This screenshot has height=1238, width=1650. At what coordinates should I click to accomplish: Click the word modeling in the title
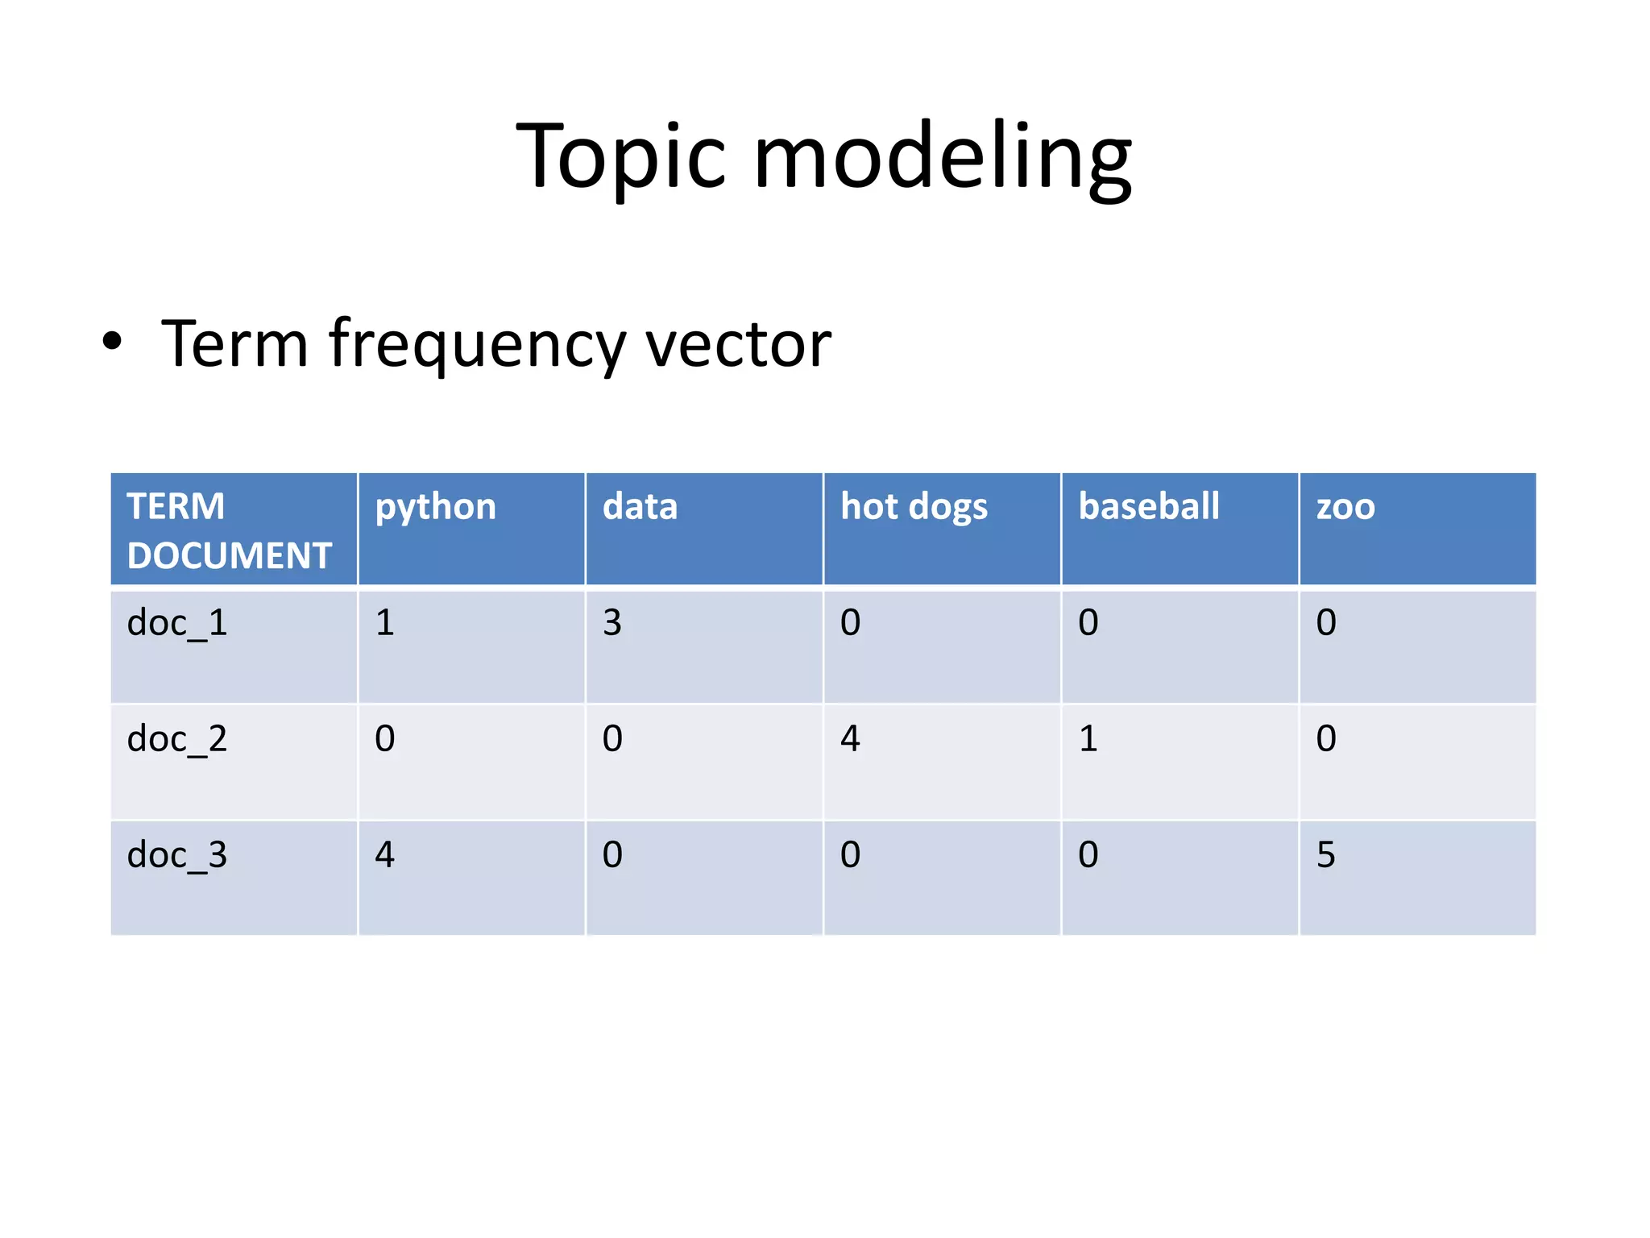click(x=943, y=157)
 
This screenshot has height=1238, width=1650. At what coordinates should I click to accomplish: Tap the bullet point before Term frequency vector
click(x=113, y=342)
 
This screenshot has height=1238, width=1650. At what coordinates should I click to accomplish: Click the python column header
click(x=436, y=508)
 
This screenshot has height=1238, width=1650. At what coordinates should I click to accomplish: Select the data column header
click(x=641, y=506)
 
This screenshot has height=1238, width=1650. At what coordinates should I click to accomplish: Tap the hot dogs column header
click(x=914, y=508)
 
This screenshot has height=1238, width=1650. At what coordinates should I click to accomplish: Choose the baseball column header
click(x=1149, y=506)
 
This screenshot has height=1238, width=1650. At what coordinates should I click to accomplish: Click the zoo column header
click(x=1345, y=508)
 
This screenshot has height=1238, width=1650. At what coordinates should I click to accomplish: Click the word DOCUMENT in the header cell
click(x=230, y=556)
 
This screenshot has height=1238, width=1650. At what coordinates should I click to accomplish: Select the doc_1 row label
click(x=177, y=623)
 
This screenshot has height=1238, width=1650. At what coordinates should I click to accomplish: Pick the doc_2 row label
click(x=177, y=739)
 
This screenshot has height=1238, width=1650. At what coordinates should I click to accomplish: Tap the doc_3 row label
click(x=177, y=855)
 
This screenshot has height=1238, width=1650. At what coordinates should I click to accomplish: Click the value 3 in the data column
click(x=612, y=623)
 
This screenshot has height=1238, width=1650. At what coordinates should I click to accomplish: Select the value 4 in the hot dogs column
click(x=850, y=739)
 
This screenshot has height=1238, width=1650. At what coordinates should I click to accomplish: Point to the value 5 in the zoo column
click(x=1325, y=855)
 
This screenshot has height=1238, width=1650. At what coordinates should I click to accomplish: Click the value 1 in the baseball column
click(x=1088, y=739)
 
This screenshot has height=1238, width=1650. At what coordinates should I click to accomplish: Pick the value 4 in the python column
click(x=385, y=855)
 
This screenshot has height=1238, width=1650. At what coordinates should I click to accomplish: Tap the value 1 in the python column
click(x=385, y=623)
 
